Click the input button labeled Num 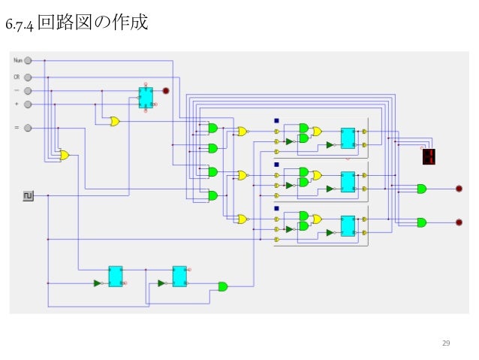point(28,60)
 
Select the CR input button point(28,77)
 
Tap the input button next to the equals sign point(28,128)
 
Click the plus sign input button point(28,104)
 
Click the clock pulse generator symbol point(28,196)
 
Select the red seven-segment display point(429,156)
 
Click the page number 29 point(446,343)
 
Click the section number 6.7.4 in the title point(19,26)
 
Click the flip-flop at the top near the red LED point(145,96)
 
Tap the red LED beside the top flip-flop point(167,91)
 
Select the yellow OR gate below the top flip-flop point(114,121)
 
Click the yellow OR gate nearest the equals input point(64,156)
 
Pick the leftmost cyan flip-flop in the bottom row point(115,276)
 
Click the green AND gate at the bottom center point(223,286)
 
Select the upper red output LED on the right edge point(459,189)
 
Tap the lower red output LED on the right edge point(459,222)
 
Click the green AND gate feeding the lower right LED point(421,222)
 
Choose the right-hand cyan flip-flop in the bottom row point(179,276)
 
